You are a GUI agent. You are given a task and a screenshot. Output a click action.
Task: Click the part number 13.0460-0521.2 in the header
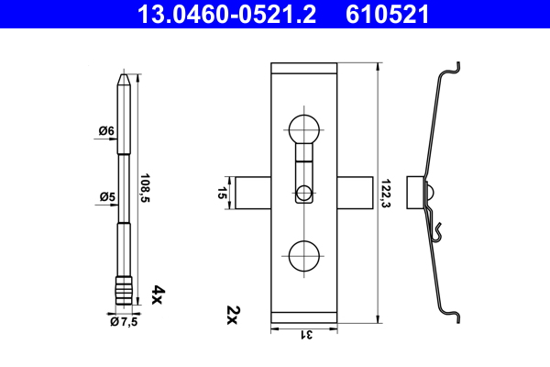point(226,15)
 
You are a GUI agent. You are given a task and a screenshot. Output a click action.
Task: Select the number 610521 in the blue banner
point(387,15)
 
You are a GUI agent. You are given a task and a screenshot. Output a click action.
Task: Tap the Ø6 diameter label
point(106,131)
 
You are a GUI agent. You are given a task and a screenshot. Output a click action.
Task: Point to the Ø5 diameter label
point(107,196)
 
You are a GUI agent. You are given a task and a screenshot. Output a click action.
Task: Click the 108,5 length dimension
point(145,188)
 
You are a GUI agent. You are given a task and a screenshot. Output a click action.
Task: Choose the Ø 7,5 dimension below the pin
point(124,322)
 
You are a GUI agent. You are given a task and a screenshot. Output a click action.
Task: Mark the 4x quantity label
point(158,295)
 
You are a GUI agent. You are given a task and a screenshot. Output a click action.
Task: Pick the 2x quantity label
point(233,315)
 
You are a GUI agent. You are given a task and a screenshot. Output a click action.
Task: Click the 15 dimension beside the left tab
point(222,194)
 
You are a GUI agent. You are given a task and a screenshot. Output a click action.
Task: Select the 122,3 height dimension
point(386,194)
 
